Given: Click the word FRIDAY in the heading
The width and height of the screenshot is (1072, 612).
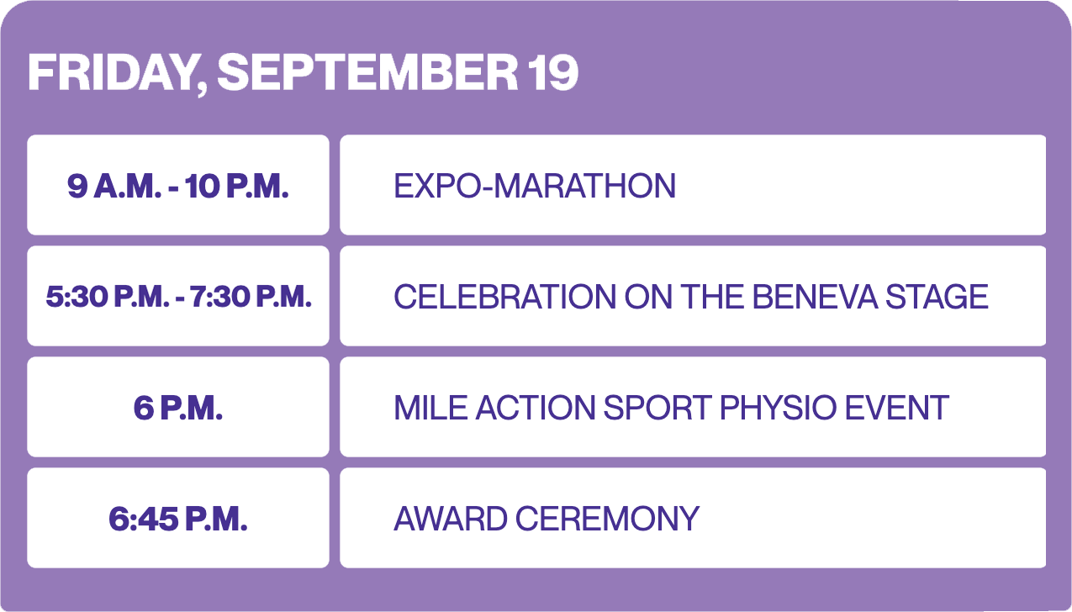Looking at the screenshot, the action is tap(117, 73).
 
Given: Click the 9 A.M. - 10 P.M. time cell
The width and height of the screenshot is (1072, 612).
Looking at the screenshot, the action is tap(178, 185).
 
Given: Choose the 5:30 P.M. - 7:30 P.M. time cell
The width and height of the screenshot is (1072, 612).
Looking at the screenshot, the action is tap(178, 296).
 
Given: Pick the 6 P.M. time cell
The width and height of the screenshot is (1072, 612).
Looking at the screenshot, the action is tap(178, 407).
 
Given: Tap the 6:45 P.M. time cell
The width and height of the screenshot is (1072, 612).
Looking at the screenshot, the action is tap(178, 518).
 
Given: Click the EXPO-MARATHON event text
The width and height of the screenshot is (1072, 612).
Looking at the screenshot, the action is tap(535, 186).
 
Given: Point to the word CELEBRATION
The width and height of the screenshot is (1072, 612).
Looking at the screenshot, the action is tap(504, 297).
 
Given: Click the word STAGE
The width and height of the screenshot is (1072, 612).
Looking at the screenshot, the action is tap(937, 297).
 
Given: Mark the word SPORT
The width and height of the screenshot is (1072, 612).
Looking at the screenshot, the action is tap(657, 408).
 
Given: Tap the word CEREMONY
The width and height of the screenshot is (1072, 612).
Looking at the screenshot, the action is tap(607, 519).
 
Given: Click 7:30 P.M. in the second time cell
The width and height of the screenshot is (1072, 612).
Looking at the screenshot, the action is tap(251, 297).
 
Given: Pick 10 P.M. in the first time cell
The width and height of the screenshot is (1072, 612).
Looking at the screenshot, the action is tap(237, 186).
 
